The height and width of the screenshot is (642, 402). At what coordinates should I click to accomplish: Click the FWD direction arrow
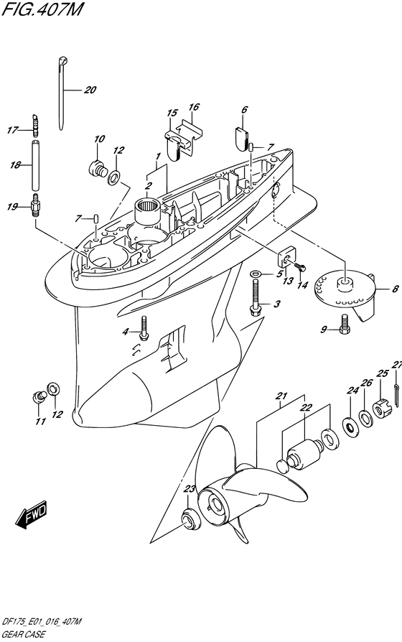pos(32,513)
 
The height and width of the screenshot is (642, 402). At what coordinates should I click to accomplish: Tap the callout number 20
pos(90,90)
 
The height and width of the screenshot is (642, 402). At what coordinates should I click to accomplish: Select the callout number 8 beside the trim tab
pos(395,289)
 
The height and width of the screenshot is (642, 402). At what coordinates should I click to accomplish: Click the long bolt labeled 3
pos(256,296)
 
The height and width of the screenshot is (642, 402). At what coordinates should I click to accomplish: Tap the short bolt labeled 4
pos(143,327)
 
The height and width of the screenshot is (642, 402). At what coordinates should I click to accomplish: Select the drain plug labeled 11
pos(39,396)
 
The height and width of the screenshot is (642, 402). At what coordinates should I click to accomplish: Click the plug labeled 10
pos(98,168)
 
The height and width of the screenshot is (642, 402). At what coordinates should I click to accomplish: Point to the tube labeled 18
pos(36,165)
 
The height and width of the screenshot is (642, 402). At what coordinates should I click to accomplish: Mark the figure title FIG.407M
pos(42,9)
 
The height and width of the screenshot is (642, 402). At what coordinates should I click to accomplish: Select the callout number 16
pos(194,107)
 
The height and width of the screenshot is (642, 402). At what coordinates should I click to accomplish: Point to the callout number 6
pos(244,109)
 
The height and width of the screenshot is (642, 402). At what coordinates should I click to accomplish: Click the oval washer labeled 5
pos(256,273)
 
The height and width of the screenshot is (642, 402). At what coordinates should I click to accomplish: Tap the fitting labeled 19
pos(36,205)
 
